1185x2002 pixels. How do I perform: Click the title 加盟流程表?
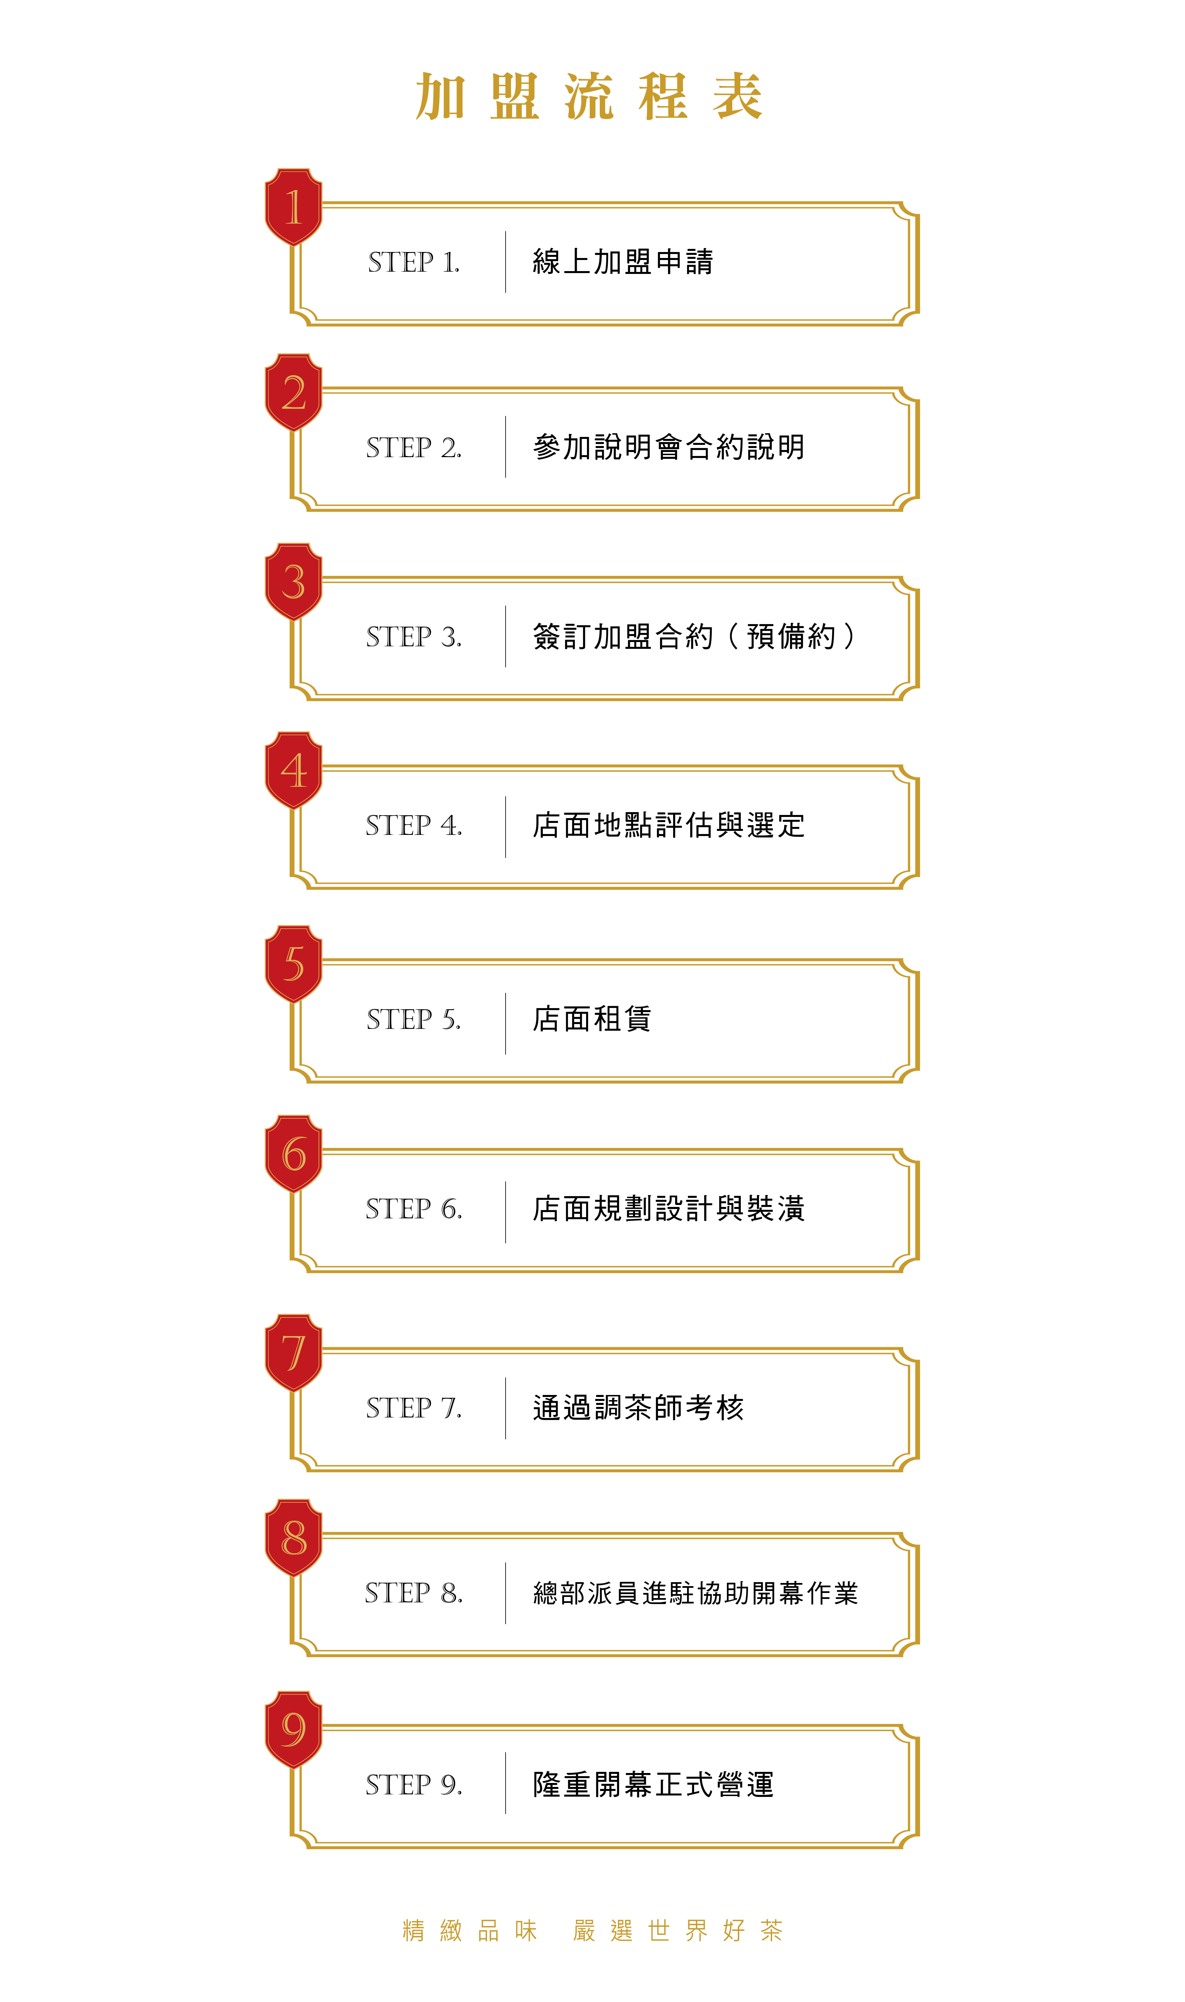589,97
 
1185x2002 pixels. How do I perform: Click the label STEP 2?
414,448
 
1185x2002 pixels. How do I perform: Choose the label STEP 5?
414,1020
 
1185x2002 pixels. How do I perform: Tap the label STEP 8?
414,1593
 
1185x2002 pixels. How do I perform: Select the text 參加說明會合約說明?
669,447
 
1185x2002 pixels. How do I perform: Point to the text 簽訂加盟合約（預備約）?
695,636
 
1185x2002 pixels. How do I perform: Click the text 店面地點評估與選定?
669,825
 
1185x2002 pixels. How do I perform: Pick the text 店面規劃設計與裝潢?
669,1208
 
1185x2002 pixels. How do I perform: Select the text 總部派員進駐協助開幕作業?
696,1593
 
